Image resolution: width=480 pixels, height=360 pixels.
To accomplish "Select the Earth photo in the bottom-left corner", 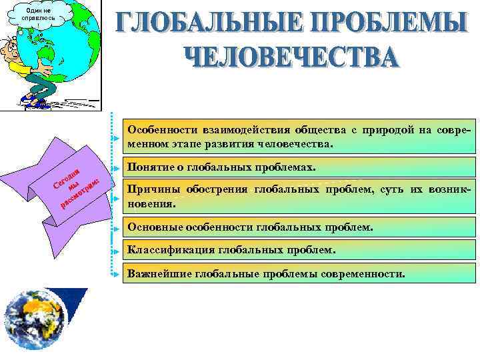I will pos(40,321).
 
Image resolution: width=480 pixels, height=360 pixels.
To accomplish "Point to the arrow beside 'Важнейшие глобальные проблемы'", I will pos(117,275).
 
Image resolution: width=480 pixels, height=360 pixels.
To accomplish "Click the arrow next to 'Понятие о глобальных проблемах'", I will pos(117,168).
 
